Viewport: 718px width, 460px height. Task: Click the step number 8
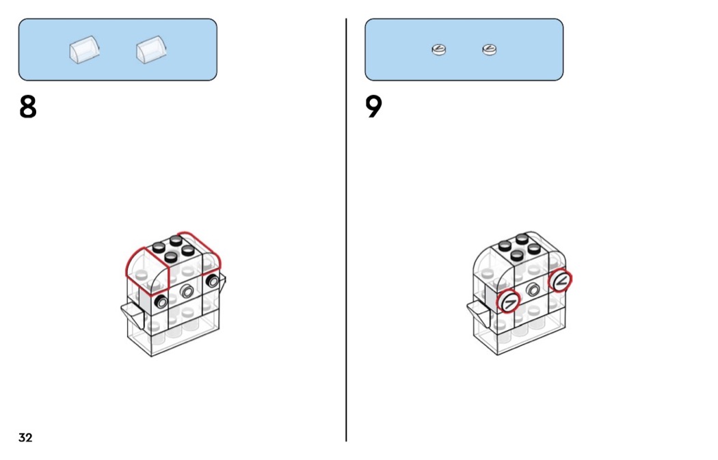coord(27,107)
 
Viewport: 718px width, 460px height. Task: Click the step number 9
coord(373,107)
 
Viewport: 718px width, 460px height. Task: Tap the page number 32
coord(25,437)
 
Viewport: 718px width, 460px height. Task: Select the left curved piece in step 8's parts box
coord(83,50)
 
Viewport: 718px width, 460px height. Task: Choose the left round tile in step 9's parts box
coord(439,49)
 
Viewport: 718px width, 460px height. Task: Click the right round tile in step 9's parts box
coord(489,49)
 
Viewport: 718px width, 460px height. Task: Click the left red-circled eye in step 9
coord(509,301)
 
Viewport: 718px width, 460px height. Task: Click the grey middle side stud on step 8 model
coord(186,292)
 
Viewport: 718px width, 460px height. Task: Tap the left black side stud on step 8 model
coord(162,301)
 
